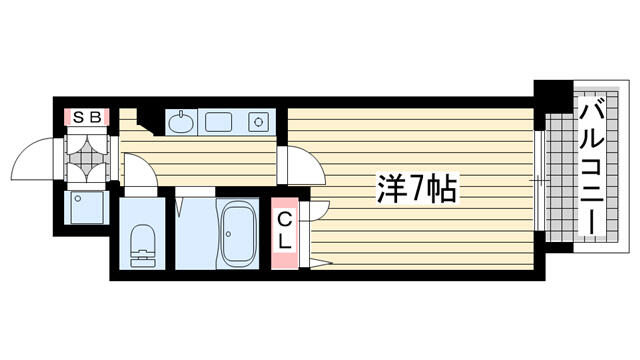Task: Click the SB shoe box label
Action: coord(87,117)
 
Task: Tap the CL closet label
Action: coord(284,232)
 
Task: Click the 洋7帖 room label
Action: coord(416,188)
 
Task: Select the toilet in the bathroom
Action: coord(142,246)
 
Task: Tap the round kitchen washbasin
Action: coord(181,122)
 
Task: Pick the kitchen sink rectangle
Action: coord(218,122)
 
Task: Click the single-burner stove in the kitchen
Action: coord(259,122)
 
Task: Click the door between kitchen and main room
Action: coord(301,164)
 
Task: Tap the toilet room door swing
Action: coord(140,171)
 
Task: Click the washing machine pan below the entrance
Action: coord(86,207)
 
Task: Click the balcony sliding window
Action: coord(539,180)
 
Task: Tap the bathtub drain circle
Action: coord(229,234)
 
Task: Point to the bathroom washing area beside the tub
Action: coord(196,233)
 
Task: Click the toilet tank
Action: coord(142,258)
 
